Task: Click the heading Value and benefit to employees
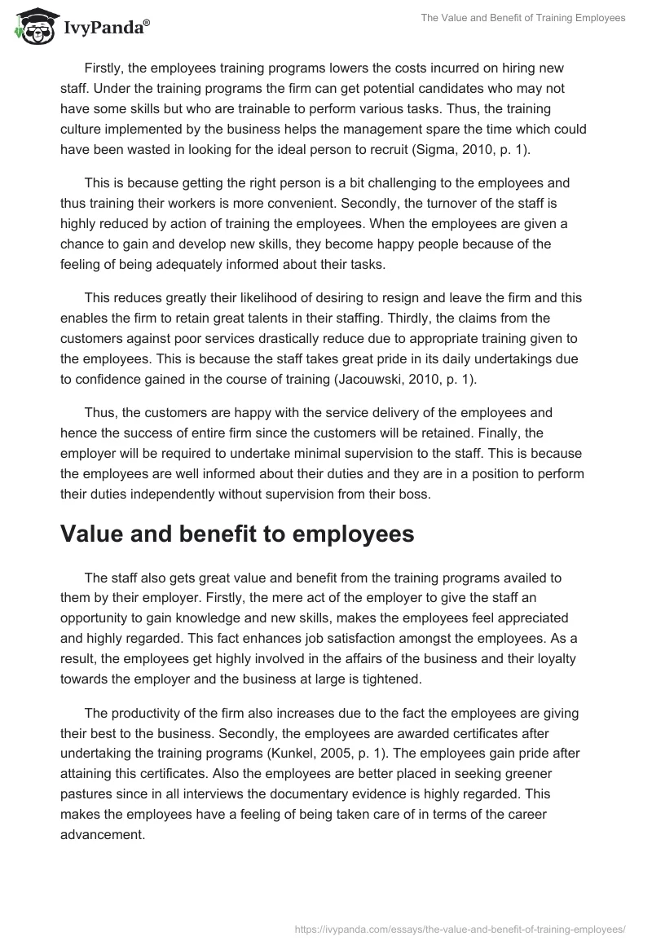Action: coord(238,534)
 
